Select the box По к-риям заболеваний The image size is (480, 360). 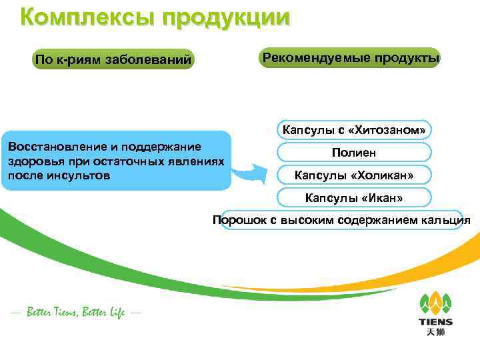[113, 61]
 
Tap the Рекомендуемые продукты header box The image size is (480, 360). [351, 58]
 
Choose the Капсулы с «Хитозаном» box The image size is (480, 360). [353, 129]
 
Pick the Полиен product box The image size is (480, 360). [353, 153]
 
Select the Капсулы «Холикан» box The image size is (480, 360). [353, 175]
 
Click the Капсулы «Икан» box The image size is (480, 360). [353, 198]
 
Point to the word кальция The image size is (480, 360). [447, 220]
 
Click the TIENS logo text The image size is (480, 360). [435, 322]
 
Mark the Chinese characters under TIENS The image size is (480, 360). [435, 333]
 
